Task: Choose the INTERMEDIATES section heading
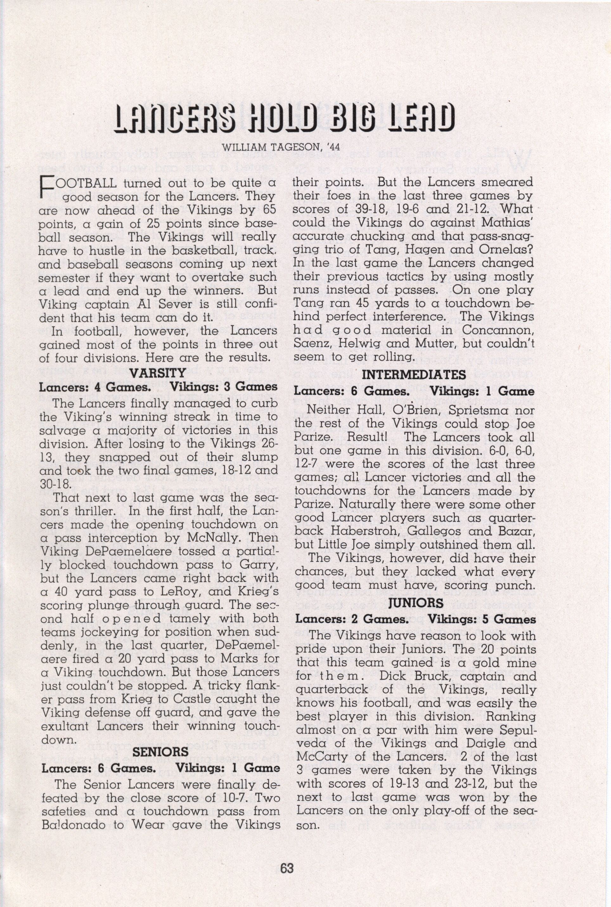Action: (414, 375)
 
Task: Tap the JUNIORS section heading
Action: (416, 603)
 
